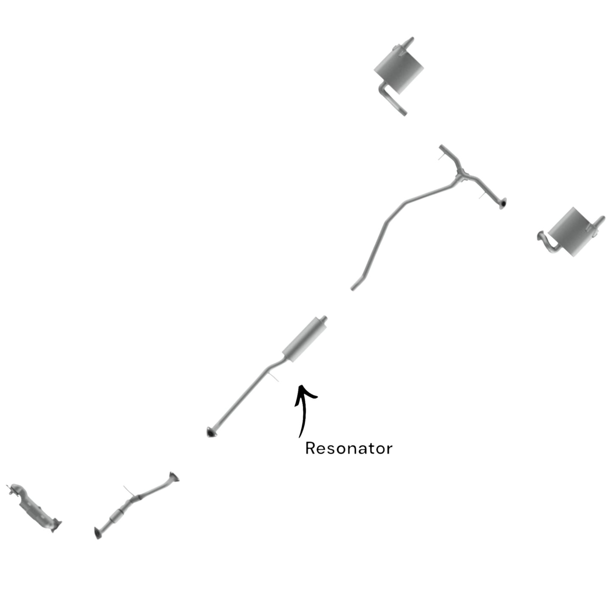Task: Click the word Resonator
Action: (348, 448)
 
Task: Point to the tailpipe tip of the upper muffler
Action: (409, 42)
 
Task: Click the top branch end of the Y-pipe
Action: (442, 147)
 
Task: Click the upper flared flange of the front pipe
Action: (174, 476)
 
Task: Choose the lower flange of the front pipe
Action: (98, 533)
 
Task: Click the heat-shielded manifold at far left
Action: (34, 508)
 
